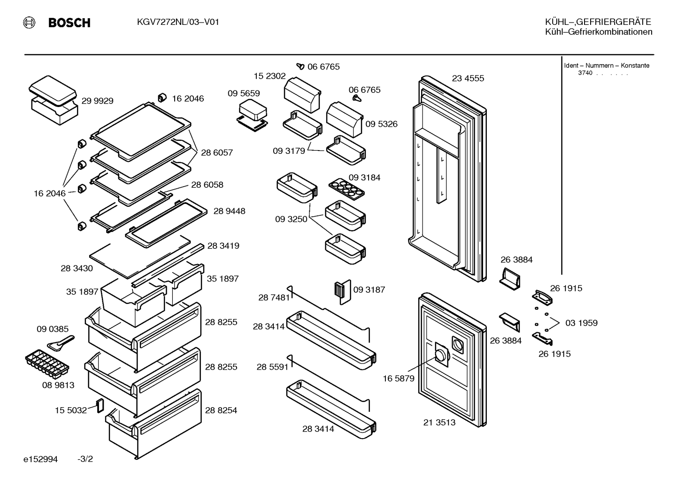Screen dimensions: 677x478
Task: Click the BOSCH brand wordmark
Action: pos(69,23)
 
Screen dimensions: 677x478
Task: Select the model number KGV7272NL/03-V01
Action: pos(178,22)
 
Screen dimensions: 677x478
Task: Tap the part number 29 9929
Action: pos(97,101)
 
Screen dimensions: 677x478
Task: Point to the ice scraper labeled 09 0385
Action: pos(61,343)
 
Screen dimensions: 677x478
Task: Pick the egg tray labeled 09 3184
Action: pos(346,189)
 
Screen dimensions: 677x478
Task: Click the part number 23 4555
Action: pos(468,78)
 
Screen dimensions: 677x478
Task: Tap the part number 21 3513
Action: pos(439,423)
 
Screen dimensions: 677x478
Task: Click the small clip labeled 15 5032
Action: pos(100,406)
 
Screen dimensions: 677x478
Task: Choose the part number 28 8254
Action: pos(221,410)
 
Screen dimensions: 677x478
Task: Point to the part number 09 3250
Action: pos(291,219)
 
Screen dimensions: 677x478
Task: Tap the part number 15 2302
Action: pos(269,76)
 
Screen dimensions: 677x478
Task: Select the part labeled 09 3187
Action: pos(342,292)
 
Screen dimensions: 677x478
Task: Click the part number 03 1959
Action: pos(581,323)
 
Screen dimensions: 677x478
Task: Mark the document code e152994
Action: pos(40,459)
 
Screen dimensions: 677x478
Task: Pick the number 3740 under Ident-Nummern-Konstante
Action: pos(585,73)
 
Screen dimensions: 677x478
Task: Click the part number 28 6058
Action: pos(207,185)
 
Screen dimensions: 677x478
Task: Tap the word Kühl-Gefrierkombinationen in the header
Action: pos(599,32)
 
